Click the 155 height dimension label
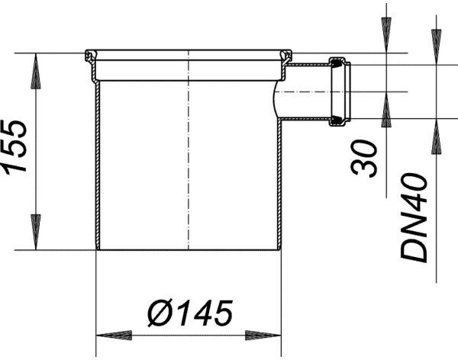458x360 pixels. tap(14, 147)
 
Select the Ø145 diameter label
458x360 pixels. tap(190, 313)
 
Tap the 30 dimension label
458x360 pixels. tap(364, 158)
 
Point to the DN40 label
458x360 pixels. tap(414, 217)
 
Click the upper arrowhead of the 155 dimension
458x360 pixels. tap(36, 71)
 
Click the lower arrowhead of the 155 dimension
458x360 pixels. tap(36, 232)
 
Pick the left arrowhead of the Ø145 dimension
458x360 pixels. tap(114, 335)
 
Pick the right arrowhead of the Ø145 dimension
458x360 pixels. tap(263, 335)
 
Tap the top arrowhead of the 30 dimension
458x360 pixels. tap(386, 35)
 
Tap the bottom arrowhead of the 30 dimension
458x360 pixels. tap(386, 110)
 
